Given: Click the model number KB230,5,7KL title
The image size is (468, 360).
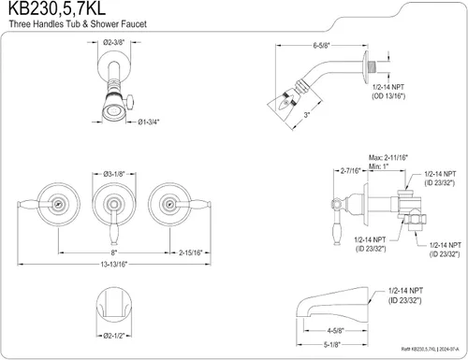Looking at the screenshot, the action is pos(57,8).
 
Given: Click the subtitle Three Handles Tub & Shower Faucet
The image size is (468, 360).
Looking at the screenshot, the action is pos(78,24).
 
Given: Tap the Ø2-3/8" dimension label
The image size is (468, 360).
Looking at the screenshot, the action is pos(114,42).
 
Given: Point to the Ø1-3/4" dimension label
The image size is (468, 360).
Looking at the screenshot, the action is pos(149,122).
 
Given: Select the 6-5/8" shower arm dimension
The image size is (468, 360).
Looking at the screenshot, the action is pos(321,46).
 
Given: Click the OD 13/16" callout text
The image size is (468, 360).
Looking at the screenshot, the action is pos(388,96).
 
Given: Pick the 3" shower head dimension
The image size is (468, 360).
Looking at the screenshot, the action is pos(307,115).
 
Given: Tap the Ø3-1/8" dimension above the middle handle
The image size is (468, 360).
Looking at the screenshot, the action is pos(114,174).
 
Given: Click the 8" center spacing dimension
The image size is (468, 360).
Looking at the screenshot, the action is pos(114,252).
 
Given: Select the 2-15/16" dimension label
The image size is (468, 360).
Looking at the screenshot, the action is pos(191,252).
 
